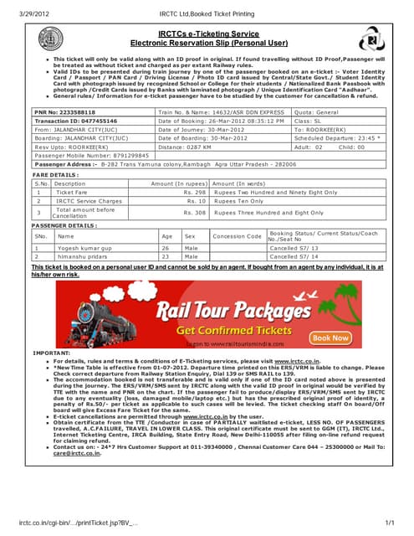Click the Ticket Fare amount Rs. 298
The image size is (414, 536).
pyautogui.click(x=195, y=192)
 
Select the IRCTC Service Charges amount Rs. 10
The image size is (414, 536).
pyautogui.click(x=197, y=201)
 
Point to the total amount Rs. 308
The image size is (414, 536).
pyautogui.click(x=195, y=213)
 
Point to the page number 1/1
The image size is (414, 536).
pyautogui.click(x=388, y=523)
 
